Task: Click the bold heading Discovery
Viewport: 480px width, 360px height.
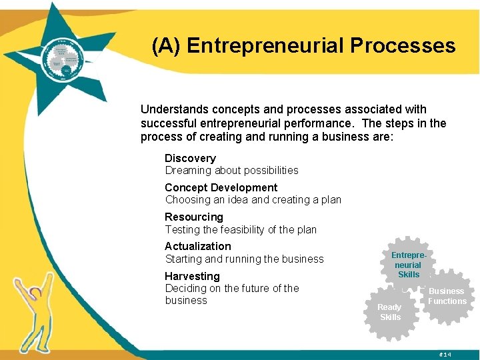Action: point(190,158)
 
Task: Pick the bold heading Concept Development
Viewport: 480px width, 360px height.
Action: point(221,187)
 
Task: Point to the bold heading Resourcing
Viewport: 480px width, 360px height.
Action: point(193,217)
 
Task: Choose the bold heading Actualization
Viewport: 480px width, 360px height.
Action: point(197,246)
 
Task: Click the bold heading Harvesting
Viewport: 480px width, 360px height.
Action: point(192,276)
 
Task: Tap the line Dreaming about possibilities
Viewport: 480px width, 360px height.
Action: point(231,170)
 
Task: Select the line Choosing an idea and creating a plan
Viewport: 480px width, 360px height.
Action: point(253,199)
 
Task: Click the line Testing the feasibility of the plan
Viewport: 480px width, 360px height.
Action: point(241,229)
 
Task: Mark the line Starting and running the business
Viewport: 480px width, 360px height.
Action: point(244,259)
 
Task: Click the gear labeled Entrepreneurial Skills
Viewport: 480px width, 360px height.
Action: point(408,265)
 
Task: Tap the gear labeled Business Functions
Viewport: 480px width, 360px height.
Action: point(447,296)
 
